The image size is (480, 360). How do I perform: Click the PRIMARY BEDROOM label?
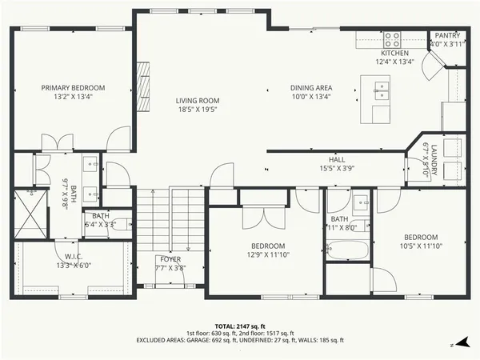[74, 88]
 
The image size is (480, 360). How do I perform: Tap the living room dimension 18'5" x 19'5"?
[198, 110]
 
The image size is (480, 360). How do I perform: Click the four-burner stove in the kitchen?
[392, 38]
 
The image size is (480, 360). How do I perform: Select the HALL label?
[337, 159]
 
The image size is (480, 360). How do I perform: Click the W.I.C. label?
[66, 256]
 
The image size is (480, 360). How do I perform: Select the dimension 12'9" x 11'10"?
[269, 254]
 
